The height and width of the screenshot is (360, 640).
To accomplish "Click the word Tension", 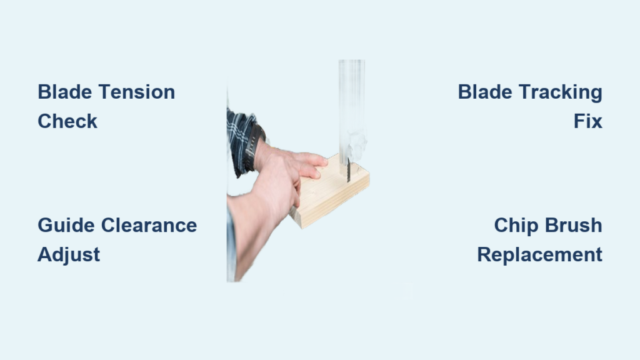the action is (137, 92).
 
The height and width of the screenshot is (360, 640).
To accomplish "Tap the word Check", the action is (67, 121).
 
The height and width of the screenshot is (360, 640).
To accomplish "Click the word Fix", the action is (587, 121).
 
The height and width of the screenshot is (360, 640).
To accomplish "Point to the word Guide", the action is (66, 225).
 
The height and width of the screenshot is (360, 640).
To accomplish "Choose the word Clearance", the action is (149, 225).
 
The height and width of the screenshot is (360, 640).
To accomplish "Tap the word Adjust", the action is (69, 255).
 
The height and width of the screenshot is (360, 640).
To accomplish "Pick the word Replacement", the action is (539, 255).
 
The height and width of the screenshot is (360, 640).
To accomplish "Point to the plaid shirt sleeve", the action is (241, 139).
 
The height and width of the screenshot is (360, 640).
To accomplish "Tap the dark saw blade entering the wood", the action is (349, 171).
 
